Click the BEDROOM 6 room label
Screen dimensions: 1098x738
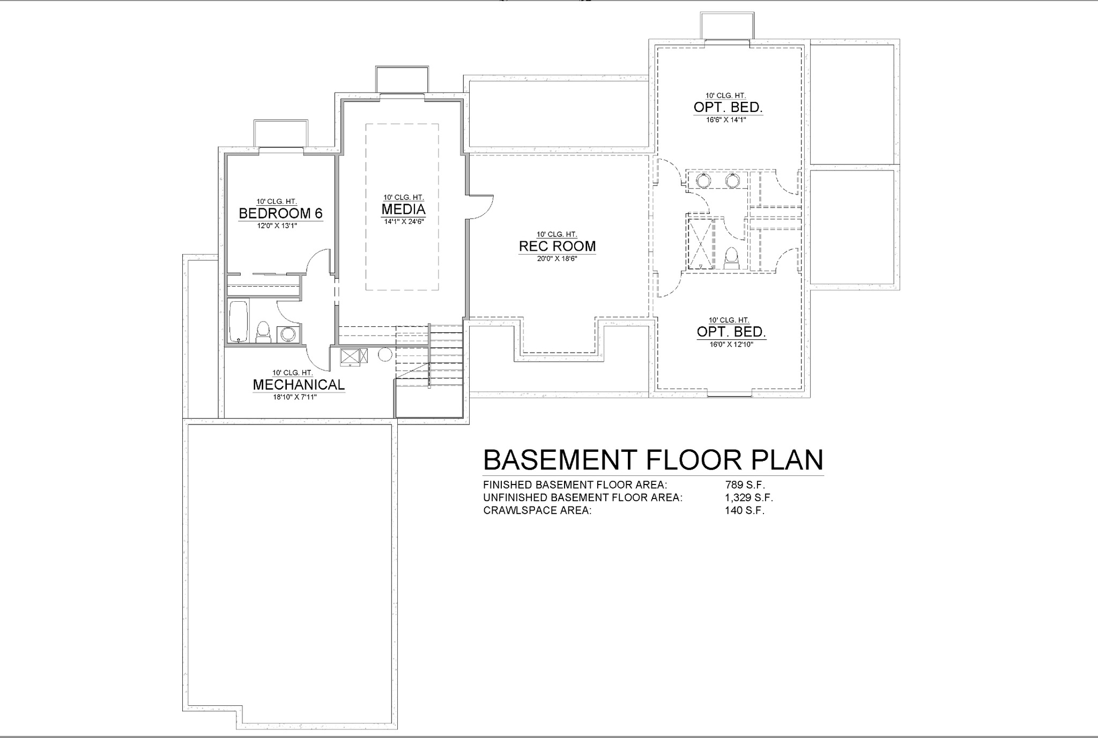click(280, 213)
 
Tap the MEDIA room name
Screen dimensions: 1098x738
click(403, 208)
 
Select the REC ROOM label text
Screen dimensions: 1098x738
click(557, 246)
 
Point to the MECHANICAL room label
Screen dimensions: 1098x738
click(299, 384)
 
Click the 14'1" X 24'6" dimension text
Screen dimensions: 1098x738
click(403, 221)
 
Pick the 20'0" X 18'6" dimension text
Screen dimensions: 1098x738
click(557, 258)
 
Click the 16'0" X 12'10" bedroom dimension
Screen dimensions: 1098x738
click(731, 344)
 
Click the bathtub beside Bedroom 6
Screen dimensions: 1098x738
click(239, 322)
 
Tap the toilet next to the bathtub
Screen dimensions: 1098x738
click(263, 332)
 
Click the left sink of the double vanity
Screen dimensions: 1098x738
click(703, 181)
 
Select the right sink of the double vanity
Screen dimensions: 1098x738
click(732, 181)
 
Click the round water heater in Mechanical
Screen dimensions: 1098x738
click(385, 355)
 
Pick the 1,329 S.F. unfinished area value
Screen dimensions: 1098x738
click(749, 497)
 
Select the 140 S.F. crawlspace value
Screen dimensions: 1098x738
click(744, 510)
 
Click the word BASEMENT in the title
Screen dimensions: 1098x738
click(561, 459)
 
